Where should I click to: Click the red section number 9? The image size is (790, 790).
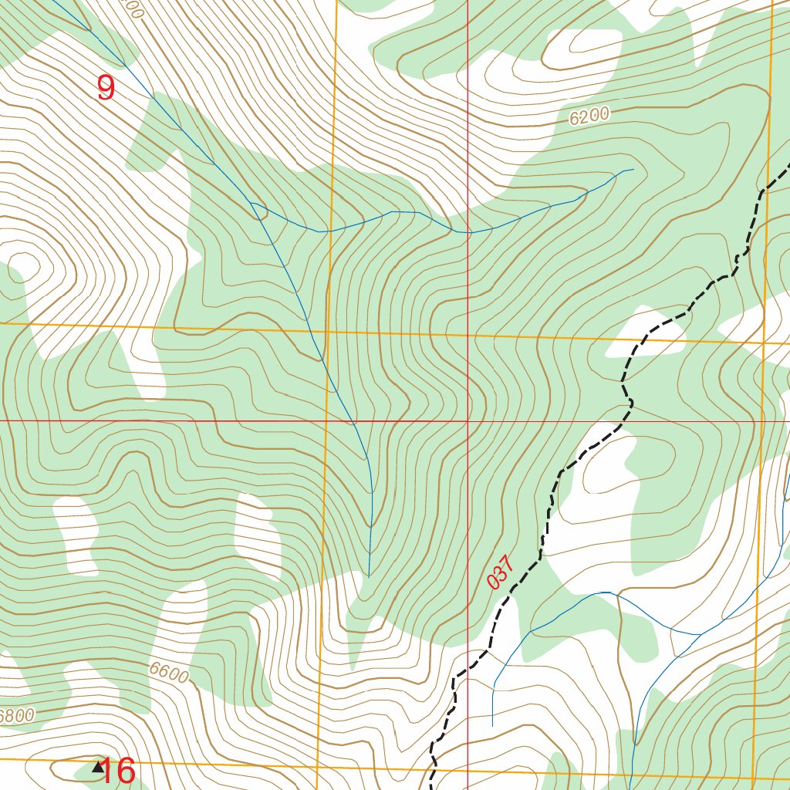[106, 88]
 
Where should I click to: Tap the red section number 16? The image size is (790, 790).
[119, 770]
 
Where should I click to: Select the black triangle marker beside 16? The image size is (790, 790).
[97, 767]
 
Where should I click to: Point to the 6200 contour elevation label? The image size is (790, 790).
[589, 116]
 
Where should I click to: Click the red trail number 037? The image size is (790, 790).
[501, 572]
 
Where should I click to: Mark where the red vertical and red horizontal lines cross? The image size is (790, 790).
[468, 421]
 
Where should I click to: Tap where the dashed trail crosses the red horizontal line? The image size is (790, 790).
[617, 421]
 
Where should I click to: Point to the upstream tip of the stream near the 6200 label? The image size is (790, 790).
[633, 169]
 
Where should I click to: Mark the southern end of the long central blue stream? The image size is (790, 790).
[369, 576]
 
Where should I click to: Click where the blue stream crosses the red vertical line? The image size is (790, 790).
[468, 231]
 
